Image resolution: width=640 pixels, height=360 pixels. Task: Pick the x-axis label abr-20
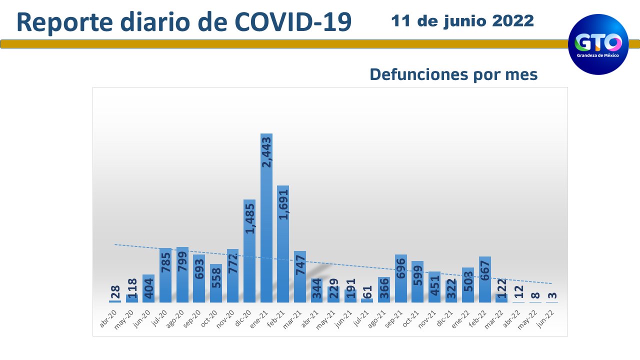click(x=109, y=318)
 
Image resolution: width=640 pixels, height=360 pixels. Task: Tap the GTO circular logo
click(x=598, y=44)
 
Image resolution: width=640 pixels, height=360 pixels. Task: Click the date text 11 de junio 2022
click(x=462, y=21)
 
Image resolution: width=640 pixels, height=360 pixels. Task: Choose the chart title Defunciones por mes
click(x=453, y=74)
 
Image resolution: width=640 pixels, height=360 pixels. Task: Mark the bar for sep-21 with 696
click(x=400, y=279)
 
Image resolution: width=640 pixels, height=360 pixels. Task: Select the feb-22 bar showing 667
click(x=484, y=280)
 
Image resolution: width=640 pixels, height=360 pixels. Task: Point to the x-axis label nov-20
click(x=226, y=318)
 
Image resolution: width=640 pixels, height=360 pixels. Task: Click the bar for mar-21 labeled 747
click(x=300, y=277)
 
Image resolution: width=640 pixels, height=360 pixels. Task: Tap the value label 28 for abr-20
click(x=115, y=293)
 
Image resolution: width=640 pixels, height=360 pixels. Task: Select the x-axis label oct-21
click(x=411, y=318)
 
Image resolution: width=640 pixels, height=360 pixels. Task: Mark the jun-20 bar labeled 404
click(x=148, y=289)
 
